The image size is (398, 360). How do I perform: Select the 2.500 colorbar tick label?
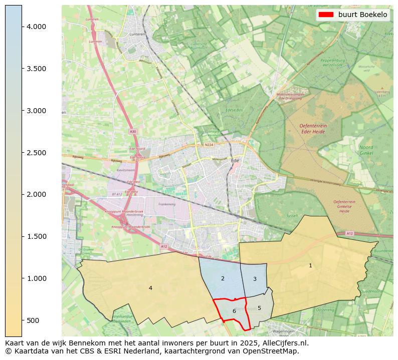tap(37, 153)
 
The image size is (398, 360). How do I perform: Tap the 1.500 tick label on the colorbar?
tap(37, 236)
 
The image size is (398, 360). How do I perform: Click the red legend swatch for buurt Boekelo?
tap(326, 15)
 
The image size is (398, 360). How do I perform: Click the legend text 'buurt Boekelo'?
tap(362, 15)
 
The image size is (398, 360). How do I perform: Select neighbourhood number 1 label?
tap(310, 265)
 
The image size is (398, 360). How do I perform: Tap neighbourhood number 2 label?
tap(223, 278)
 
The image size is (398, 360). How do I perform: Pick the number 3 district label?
tap(255, 279)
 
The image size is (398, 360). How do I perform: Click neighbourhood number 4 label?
tap(150, 288)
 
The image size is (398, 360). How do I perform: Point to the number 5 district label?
tap(259, 308)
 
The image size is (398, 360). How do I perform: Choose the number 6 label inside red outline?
tap(234, 311)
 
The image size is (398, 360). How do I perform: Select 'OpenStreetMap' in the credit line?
tap(273, 351)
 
